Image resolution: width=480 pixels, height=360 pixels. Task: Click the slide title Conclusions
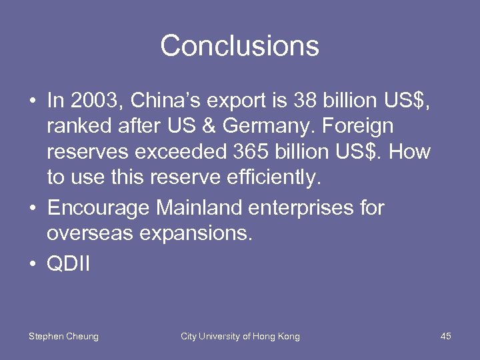pos(239,46)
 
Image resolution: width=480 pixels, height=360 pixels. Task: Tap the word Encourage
pos(99,208)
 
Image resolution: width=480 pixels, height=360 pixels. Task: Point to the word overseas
pos(87,234)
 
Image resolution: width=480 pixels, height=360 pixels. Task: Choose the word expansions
pos(188,234)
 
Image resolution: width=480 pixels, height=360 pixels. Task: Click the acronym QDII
pos(68,264)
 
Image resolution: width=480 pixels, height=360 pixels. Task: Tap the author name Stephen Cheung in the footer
pos(63,337)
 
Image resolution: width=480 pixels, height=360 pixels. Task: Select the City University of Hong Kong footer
pos(240,337)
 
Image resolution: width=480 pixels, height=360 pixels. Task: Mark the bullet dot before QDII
pos(32,265)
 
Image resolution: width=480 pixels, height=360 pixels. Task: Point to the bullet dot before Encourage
pos(32,209)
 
